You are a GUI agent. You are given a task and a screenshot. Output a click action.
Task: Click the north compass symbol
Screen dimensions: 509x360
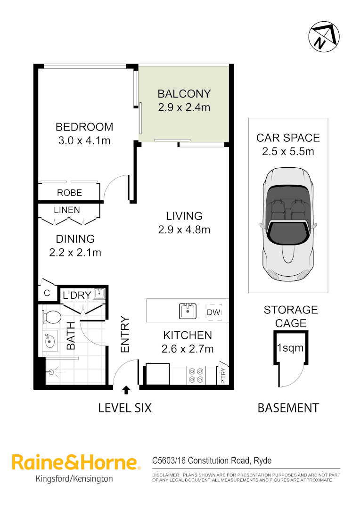[x=324, y=38]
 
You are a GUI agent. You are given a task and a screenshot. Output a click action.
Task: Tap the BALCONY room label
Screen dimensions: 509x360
[x=184, y=93]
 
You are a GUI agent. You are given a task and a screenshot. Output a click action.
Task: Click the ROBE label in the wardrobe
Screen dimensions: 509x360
[x=69, y=193]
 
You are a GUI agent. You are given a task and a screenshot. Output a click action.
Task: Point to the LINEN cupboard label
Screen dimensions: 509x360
[x=67, y=210]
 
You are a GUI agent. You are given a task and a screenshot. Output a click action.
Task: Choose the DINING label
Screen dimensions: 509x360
[x=75, y=239]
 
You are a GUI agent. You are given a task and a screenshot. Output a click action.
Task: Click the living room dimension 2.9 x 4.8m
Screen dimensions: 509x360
[x=184, y=230]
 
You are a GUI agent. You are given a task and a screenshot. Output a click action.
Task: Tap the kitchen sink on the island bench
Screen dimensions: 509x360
[x=188, y=311]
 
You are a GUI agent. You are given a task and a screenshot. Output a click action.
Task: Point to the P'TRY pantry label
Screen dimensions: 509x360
[x=223, y=376]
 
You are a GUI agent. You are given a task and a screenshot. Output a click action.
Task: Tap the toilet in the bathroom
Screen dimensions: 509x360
[x=51, y=317]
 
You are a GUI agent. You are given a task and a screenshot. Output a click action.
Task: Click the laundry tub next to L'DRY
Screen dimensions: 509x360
[x=99, y=294]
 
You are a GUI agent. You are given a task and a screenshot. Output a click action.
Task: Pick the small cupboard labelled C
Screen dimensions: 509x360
[x=47, y=293]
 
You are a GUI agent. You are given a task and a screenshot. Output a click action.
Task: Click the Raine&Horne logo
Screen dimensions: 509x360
[x=75, y=462]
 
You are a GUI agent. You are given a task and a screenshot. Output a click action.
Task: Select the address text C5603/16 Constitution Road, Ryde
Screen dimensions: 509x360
[x=212, y=460]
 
